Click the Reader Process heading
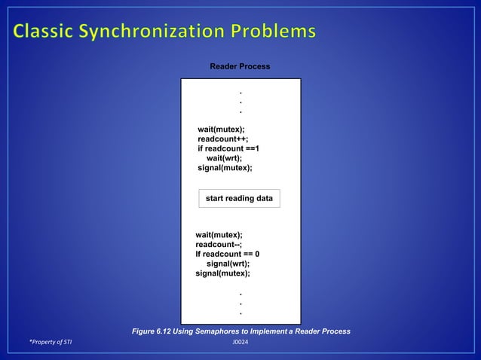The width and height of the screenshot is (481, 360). pyautogui.click(x=240, y=68)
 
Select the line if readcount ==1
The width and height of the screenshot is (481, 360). pyautogui.click(x=228, y=149)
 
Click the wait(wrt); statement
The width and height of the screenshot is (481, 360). pyautogui.click(x=224, y=159)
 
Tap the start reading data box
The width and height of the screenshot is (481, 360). pyautogui.click(x=240, y=198)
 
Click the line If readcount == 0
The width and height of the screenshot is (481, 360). pyautogui.click(x=228, y=255)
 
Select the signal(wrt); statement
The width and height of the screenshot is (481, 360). pyautogui.click(x=228, y=264)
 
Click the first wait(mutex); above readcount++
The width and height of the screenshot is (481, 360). pyautogui.click(x=221, y=130)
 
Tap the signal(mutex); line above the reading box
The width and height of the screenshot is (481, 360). pyautogui.click(x=225, y=169)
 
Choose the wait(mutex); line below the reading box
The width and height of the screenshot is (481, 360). pyautogui.click(x=219, y=235)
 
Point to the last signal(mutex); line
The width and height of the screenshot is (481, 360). pyautogui.click(x=222, y=274)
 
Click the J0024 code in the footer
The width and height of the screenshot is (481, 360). pyautogui.click(x=240, y=343)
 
